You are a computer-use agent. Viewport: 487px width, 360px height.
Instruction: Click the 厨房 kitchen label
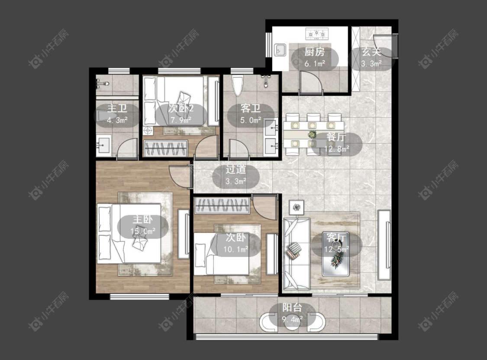click(315, 52)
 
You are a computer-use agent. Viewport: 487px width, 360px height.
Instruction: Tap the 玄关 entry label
click(371, 52)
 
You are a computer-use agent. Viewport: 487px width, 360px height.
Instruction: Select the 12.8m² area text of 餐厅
click(337, 149)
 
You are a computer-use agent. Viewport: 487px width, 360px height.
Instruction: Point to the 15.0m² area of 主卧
click(143, 231)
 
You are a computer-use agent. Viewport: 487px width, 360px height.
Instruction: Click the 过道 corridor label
click(236, 169)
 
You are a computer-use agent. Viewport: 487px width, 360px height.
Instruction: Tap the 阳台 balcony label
click(292, 308)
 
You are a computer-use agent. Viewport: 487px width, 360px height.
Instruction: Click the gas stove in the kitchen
click(317, 33)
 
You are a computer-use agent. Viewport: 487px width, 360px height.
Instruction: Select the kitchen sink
click(280, 50)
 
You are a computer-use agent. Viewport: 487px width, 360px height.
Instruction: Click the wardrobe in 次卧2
click(165, 148)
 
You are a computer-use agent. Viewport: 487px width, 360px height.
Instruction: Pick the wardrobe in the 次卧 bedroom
click(222, 205)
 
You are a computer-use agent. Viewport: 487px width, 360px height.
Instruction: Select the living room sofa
click(297, 254)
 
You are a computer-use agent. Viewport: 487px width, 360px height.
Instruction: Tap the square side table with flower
click(296, 207)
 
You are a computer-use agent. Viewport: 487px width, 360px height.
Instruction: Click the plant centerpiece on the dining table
click(312, 135)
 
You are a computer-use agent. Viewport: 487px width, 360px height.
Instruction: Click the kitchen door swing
click(311, 81)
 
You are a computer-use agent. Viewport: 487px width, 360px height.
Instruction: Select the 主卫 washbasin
click(103, 146)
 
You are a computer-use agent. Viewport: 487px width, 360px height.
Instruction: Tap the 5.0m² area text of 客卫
click(251, 120)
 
